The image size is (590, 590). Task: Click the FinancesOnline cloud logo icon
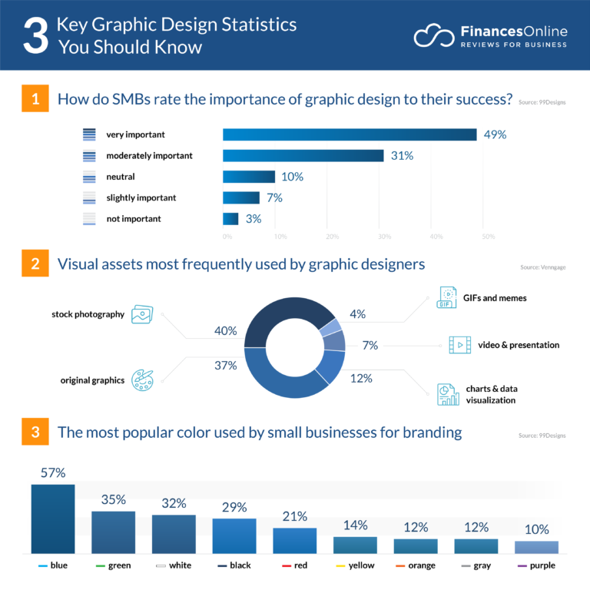click(x=433, y=35)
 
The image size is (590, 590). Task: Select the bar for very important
click(x=350, y=134)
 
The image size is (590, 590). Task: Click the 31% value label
click(x=402, y=156)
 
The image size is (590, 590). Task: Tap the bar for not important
click(x=230, y=219)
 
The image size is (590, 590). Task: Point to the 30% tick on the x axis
click(x=384, y=236)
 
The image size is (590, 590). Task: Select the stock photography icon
click(x=142, y=314)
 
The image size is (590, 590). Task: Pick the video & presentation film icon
click(x=459, y=345)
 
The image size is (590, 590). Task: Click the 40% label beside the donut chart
click(x=225, y=331)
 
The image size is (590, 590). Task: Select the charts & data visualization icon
click(x=448, y=394)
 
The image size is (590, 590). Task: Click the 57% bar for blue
click(x=53, y=519)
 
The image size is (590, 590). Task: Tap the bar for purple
click(x=536, y=547)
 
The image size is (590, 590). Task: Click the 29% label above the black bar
click(x=234, y=507)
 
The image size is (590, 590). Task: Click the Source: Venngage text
click(x=542, y=268)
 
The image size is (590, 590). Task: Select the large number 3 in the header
click(x=35, y=35)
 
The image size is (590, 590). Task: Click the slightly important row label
click(x=141, y=198)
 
